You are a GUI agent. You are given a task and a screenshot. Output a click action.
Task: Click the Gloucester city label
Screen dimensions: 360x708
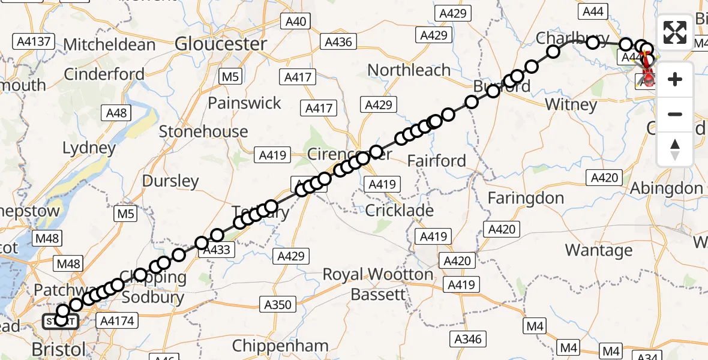(221, 44)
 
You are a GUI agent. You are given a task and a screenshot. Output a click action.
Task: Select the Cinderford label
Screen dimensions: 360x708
(104, 74)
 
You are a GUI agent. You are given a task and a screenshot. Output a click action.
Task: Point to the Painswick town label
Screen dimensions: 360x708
(244, 103)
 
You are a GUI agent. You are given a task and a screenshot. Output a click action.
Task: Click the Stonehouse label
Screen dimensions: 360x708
(203, 131)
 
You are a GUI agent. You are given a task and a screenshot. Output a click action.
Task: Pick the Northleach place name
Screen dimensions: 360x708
(409, 70)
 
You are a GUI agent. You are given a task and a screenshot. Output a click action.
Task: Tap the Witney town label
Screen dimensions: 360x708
(571, 105)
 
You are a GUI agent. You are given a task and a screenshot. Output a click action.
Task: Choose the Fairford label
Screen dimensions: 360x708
(436, 161)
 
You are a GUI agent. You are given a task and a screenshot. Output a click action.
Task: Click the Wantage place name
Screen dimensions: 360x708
(599, 250)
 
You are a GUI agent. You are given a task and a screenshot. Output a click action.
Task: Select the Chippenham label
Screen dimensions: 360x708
(280, 346)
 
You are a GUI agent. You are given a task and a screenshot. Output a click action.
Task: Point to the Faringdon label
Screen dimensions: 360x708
(526, 198)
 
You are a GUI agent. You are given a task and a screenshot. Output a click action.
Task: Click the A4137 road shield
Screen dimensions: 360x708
(34, 41)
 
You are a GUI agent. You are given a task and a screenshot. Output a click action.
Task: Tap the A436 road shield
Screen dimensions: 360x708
(338, 41)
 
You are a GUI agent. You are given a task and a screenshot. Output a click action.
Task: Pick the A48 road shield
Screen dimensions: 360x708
(116, 113)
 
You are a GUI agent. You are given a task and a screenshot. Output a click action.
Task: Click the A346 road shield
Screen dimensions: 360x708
(467, 339)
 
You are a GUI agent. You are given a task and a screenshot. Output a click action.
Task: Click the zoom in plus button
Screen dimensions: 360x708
(675, 79)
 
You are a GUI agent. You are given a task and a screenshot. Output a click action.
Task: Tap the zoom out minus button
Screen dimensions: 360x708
(675, 114)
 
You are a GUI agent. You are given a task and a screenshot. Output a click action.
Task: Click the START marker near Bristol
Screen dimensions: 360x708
(60, 322)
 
